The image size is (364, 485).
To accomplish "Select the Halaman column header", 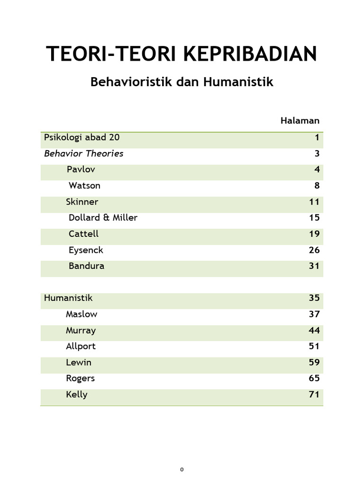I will [300, 121].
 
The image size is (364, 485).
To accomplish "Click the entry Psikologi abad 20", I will [82, 138].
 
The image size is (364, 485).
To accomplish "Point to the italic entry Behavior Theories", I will [84, 153].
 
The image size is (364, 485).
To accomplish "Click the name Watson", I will [84, 186].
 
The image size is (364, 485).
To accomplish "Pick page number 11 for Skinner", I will [314, 202].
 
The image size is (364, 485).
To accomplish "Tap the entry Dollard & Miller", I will [103, 218].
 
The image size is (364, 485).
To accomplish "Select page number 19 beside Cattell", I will [314, 234].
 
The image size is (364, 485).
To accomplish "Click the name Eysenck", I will [86, 250].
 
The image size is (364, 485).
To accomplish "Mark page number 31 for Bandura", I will [314, 266].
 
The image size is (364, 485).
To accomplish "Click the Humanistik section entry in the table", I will [68, 298].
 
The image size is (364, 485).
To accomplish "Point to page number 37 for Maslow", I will [314, 314].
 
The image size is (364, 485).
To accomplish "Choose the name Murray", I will [81, 331].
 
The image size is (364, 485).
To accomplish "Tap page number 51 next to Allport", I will [314, 346].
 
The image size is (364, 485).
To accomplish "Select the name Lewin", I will [79, 363].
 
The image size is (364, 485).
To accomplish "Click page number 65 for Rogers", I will [314, 378].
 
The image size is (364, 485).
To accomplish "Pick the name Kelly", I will [77, 395].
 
